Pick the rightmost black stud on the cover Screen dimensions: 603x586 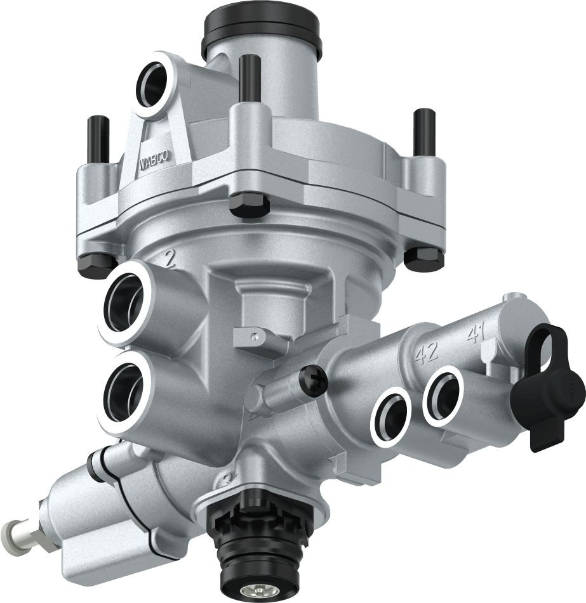423,130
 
